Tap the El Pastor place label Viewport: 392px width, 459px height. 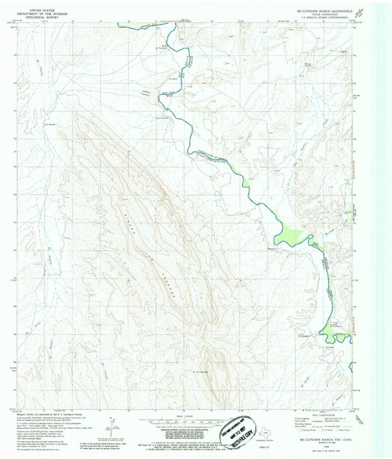(51, 124)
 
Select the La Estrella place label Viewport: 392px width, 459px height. (206, 370)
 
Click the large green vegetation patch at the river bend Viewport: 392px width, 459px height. (291, 235)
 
